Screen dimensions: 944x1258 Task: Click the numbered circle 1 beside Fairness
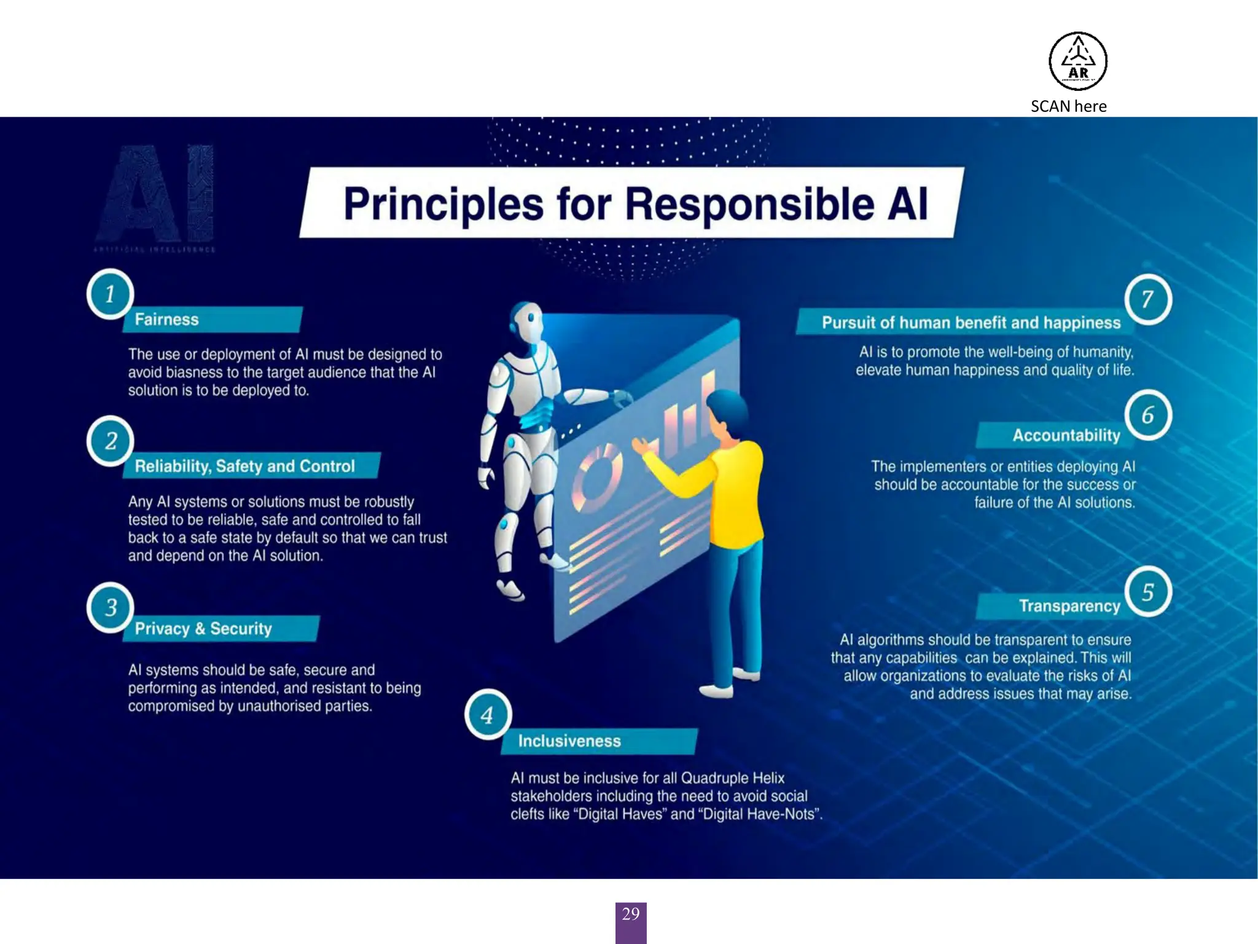111,294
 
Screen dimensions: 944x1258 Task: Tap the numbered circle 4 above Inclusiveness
488,714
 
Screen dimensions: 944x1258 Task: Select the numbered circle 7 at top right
1147,299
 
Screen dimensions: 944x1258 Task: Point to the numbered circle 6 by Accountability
1147,415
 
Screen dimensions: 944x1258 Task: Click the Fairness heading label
167,320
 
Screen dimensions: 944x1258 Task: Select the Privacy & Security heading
203,629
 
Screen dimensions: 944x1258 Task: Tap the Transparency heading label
1069,606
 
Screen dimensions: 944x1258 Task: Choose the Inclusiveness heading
569,741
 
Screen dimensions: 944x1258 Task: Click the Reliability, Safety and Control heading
244,466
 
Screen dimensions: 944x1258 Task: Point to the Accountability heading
1066,435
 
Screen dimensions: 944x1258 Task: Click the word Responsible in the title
749,204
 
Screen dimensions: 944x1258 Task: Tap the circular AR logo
1077,61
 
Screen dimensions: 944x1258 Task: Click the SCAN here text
1068,106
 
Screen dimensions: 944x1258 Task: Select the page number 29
630,914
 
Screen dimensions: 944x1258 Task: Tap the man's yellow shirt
737,492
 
